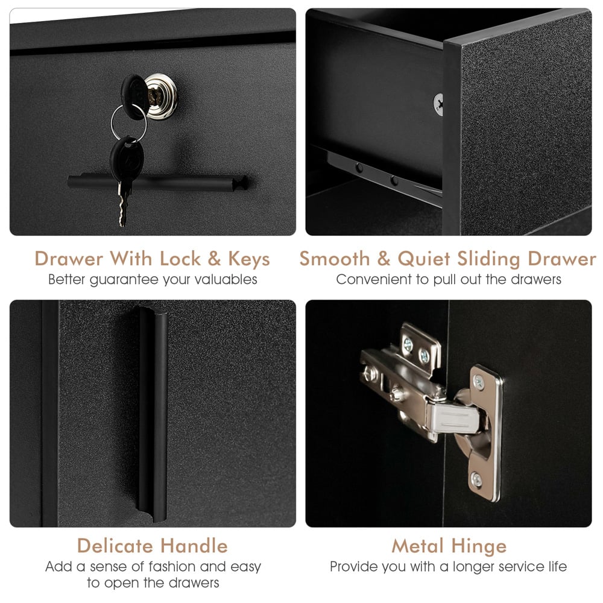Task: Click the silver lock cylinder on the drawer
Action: click(161, 96)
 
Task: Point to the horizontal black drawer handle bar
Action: click(157, 183)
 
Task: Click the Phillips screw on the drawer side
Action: click(438, 104)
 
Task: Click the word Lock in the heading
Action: click(180, 259)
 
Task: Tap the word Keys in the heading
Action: click(249, 259)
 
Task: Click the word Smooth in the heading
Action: click(334, 259)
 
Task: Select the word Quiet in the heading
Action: click(424, 259)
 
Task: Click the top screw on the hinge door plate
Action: click(479, 382)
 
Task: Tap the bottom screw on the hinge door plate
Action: click(476, 479)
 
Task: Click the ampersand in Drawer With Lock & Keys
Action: click(214, 259)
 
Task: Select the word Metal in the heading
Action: click(418, 546)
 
